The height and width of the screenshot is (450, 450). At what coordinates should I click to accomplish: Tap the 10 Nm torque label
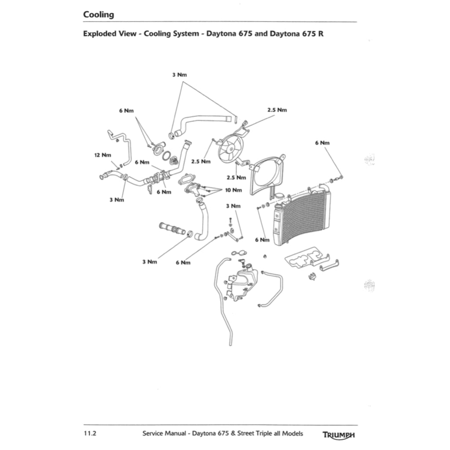(233, 190)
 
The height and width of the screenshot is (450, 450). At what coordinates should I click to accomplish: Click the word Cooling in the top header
(98, 15)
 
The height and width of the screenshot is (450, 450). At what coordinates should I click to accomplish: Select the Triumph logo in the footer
(338, 435)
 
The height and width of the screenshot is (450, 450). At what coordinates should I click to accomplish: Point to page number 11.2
(90, 433)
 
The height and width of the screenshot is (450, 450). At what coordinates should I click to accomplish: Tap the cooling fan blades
(230, 147)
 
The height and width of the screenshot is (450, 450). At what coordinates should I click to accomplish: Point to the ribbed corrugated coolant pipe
(172, 229)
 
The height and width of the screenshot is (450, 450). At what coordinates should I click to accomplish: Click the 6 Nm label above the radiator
(322, 143)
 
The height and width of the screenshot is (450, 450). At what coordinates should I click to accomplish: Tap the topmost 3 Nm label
(179, 75)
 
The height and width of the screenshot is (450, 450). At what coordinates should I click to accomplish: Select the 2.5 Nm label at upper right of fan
(277, 110)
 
